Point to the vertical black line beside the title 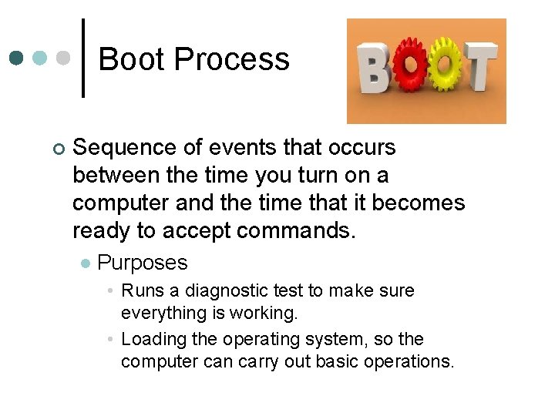[x=83, y=59]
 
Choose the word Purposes [x=143, y=263]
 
